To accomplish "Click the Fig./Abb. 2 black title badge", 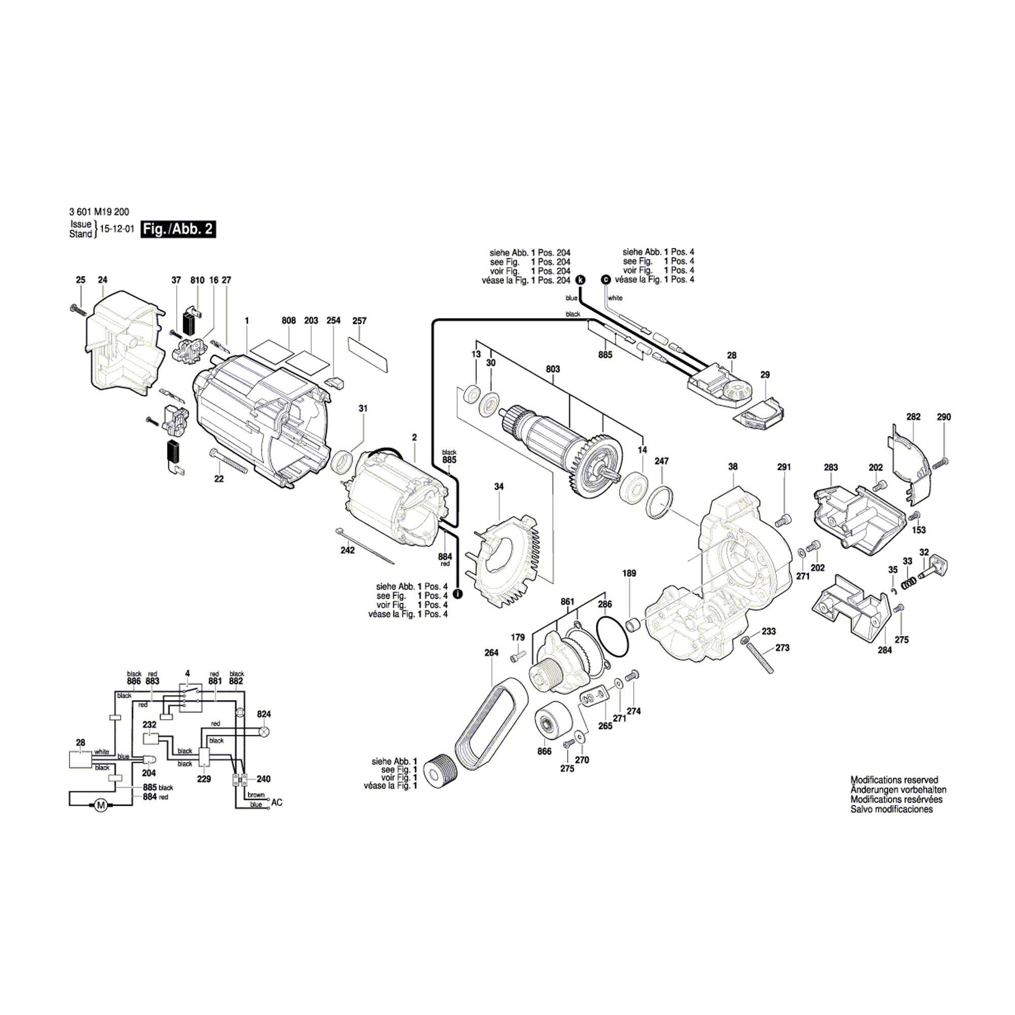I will [x=178, y=229].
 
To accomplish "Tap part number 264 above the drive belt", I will [x=491, y=653].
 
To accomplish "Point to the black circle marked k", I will [x=580, y=280].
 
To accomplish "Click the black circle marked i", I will [x=458, y=594].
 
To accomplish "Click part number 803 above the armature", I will [x=553, y=369].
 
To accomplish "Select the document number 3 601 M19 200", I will [x=99, y=212].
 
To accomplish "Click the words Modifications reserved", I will [x=894, y=780].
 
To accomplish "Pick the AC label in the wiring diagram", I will [x=277, y=803].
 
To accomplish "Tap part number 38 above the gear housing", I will [x=733, y=466].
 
